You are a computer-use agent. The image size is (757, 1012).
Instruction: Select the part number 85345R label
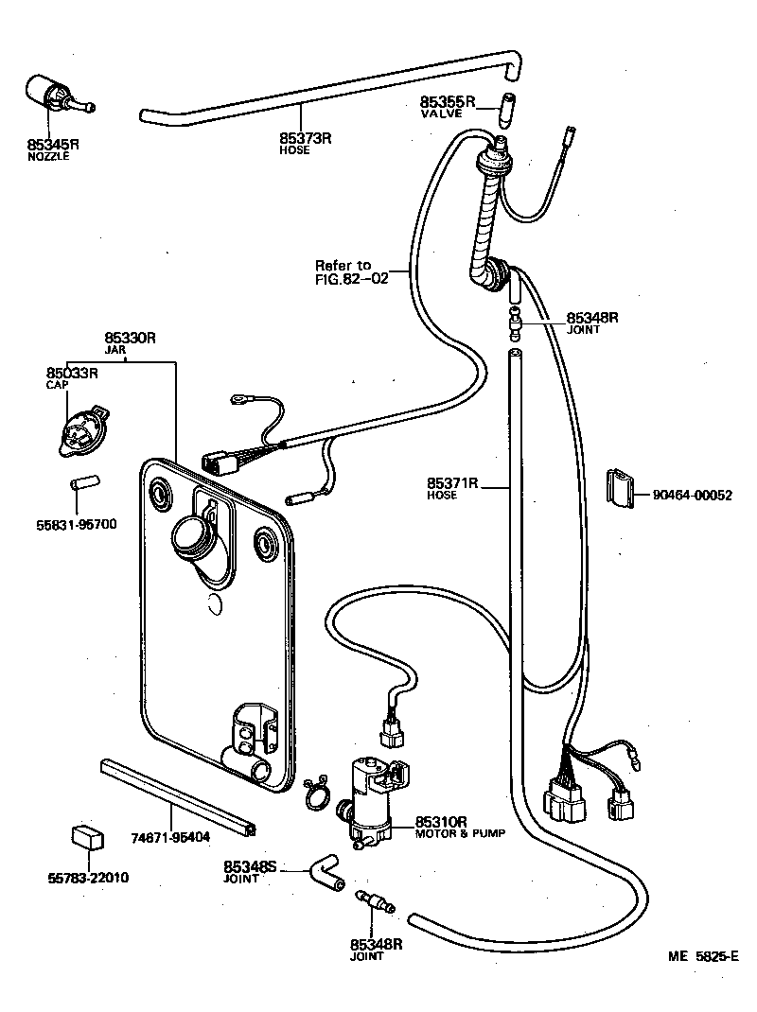point(53,144)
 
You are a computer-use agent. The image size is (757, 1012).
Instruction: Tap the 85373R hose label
point(305,138)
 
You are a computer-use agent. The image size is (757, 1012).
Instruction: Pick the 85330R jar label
point(130,338)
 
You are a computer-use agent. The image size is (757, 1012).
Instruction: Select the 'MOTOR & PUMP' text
point(461,833)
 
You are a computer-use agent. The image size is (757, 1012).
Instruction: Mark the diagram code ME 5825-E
point(702,956)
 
